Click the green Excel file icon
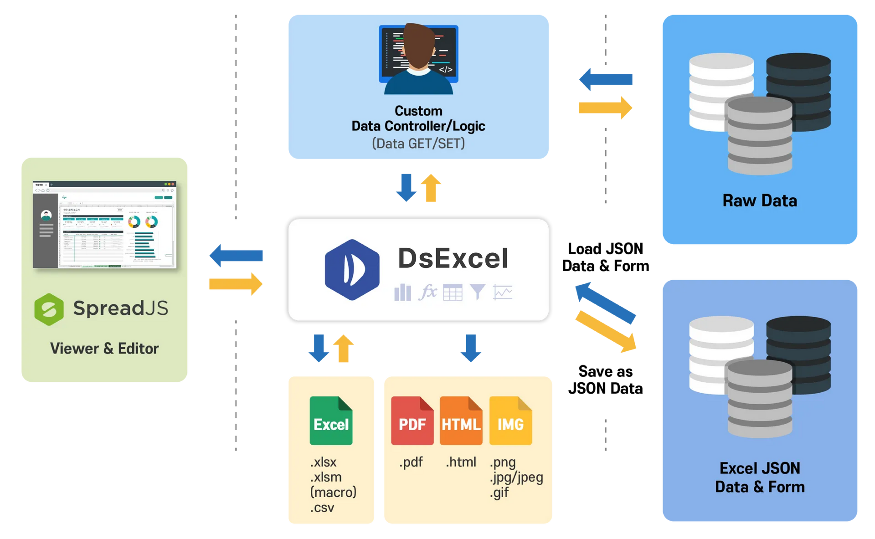(x=331, y=421)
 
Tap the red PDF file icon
(x=412, y=421)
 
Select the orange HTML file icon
(x=461, y=421)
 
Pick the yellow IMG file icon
(x=510, y=421)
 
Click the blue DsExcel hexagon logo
(x=352, y=270)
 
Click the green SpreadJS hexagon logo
(x=49, y=309)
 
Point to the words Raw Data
(x=760, y=201)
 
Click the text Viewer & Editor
(x=104, y=349)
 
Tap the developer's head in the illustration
(x=418, y=46)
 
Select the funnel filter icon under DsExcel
(x=477, y=292)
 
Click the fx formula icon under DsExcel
(x=427, y=292)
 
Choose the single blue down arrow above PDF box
(x=470, y=348)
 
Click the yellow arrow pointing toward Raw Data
(x=605, y=108)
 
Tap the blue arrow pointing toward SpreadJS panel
(x=236, y=255)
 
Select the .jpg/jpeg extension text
(x=516, y=477)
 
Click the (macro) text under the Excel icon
(x=333, y=492)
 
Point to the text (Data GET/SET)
(x=418, y=144)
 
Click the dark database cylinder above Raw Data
(x=798, y=91)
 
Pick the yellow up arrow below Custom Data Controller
(x=431, y=188)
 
